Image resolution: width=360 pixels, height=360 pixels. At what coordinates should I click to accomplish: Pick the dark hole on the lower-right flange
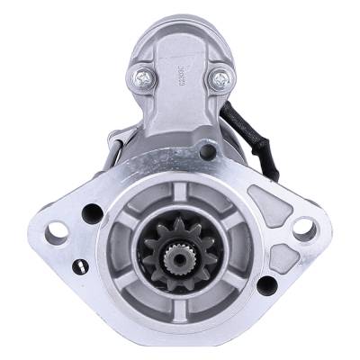(x=265, y=286)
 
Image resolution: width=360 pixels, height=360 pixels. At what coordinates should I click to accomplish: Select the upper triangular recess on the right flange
(x=262, y=193)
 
